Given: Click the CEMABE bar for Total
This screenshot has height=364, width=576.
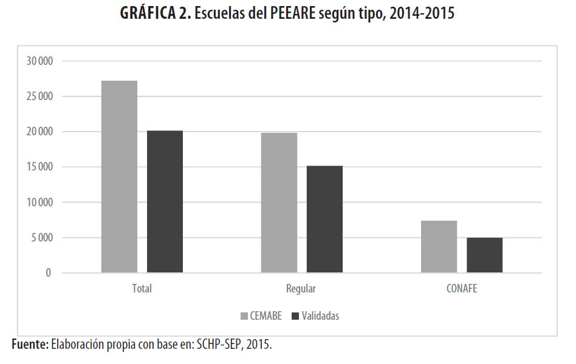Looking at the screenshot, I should point(119,177).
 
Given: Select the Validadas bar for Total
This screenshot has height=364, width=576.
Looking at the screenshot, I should point(165,201).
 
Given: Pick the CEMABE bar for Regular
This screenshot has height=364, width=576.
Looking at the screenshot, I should point(279,203).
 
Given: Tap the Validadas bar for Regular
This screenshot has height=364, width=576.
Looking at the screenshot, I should point(324,219).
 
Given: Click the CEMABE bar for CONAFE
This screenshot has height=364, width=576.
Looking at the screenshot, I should point(439,246).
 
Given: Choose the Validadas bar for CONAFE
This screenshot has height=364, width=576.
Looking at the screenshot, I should point(484,255).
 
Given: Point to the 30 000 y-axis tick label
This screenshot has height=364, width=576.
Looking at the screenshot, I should point(40,61).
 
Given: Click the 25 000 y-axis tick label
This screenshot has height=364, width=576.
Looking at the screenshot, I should point(40,96).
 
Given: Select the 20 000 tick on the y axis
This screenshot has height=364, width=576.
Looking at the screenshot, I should point(40,132).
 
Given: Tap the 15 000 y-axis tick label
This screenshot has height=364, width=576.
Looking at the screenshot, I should point(40,167).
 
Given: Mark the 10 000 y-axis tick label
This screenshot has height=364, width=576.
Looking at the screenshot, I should point(40,203).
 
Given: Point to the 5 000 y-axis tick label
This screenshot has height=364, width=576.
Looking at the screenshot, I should point(42,238).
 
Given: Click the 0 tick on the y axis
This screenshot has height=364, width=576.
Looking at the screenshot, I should point(49,273).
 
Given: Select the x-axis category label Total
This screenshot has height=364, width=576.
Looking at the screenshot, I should point(142,289).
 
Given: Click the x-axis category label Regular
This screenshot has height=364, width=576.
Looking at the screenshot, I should point(301,289).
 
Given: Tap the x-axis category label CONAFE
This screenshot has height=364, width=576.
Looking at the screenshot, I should point(461,289).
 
